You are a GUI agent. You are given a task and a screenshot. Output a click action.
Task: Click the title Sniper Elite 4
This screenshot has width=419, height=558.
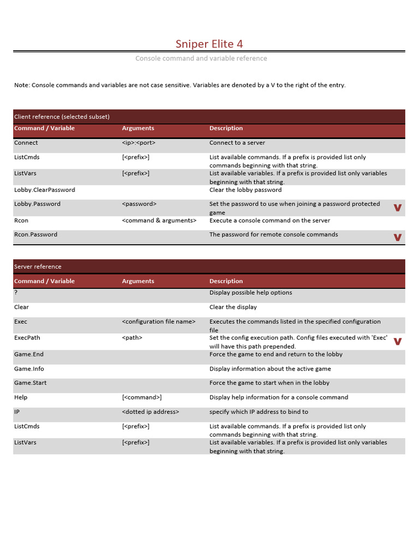pyautogui.click(x=209, y=44)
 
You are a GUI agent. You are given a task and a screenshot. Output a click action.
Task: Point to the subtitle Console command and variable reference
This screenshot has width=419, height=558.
pyautogui.click(x=201, y=58)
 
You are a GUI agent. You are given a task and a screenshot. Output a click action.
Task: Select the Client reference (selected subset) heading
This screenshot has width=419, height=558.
pyautogui.click(x=62, y=117)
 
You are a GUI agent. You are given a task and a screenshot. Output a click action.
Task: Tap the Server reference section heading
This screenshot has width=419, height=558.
pyautogui.click(x=38, y=266)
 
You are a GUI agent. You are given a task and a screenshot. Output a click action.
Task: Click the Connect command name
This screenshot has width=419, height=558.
pyautogui.click(x=26, y=143)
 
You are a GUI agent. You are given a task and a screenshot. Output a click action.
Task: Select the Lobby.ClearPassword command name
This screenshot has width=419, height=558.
pyautogui.click(x=45, y=190)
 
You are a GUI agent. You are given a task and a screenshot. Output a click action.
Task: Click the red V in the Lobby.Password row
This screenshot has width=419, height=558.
pyautogui.click(x=398, y=208)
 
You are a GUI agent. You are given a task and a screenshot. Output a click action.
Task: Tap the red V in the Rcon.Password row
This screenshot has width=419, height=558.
pyautogui.click(x=398, y=237)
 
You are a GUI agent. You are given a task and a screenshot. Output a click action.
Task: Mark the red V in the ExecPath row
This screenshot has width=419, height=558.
pyautogui.click(x=398, y=342)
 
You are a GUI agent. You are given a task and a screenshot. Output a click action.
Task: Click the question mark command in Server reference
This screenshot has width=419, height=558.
pyautogui.click(x=16, y=293)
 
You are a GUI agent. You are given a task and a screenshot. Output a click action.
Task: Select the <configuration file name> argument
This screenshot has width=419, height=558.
pyautogui.click(x=159, y=322)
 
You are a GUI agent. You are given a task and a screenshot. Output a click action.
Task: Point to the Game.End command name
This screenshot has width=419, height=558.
pyautogui.click(x=28, y=354)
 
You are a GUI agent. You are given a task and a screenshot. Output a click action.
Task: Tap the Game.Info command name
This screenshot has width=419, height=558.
pyautogui.click(x=29, y=369)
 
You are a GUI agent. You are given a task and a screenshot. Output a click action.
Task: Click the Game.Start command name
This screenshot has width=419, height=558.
pyautogui.click(x=30, y=383)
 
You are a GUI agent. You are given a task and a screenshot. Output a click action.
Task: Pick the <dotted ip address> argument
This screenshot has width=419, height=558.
pyautogui.click(x=151, y=412)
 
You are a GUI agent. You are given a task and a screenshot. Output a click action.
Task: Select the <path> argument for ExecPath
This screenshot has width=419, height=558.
pyautogui.click(x=132, y=338)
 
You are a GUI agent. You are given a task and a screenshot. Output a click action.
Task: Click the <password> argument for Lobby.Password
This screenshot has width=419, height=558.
pyautogui.click(x=139, y=204)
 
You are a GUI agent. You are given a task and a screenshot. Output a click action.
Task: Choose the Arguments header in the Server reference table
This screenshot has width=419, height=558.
pyautogui.click(x=138, y=281)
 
